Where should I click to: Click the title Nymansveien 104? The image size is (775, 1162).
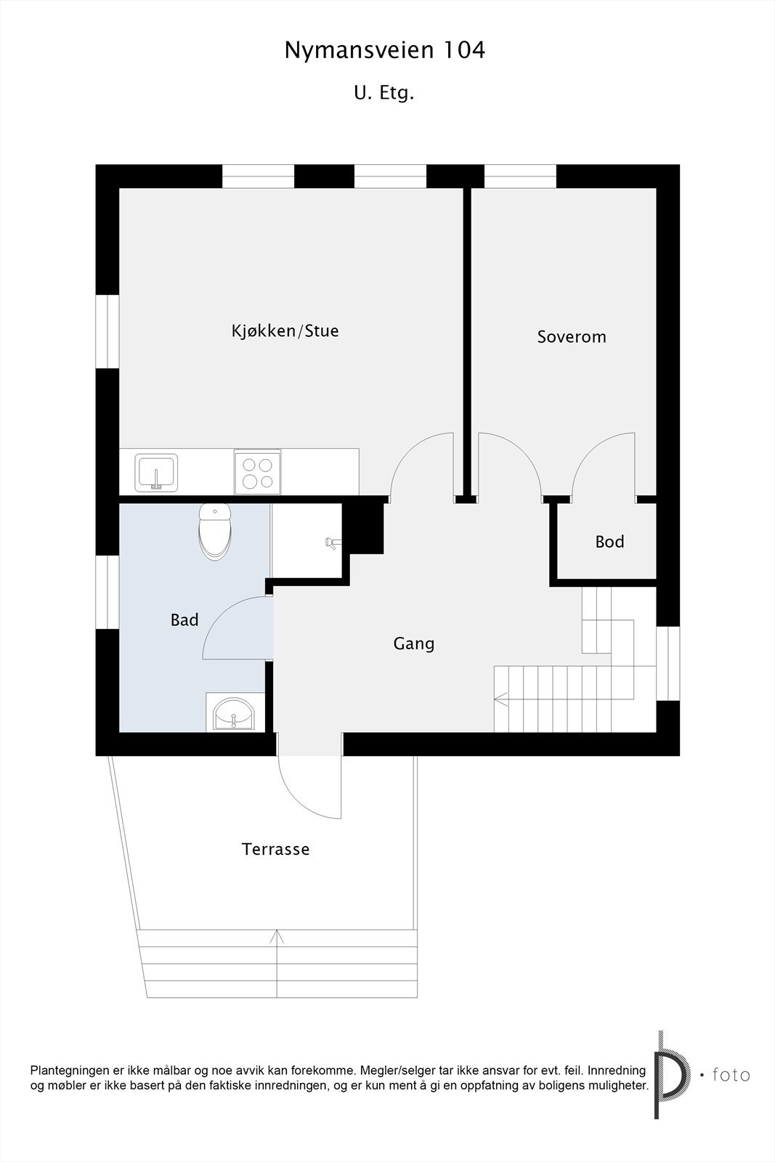[384, 50]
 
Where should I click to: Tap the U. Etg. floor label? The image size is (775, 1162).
[384, 93]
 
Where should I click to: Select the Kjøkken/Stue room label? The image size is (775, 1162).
[285, 331]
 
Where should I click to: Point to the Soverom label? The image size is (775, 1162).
[572, 337]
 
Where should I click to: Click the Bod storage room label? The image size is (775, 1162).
[609, 542]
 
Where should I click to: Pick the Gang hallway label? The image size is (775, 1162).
[414, 643]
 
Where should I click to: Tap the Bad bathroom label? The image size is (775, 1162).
[184, 620]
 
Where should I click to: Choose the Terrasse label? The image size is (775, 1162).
[276, 849]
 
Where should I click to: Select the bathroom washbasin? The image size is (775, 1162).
[233, 714]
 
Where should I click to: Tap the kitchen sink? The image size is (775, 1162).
[155, 473]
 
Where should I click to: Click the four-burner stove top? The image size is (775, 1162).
[257, 472]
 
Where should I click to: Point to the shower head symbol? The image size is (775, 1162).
[330, 542]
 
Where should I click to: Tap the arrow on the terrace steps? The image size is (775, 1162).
[277, 937]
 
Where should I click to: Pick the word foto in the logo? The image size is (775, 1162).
[731, 1074]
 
